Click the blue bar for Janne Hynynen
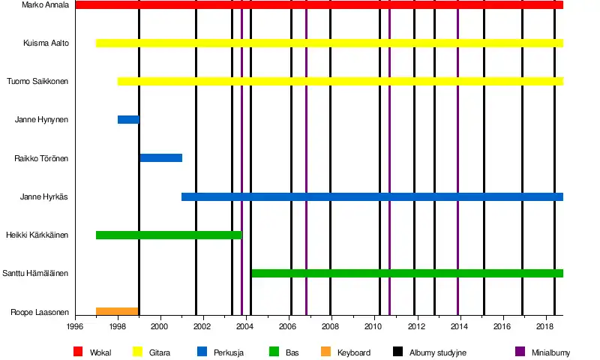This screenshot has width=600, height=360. click(128, 120)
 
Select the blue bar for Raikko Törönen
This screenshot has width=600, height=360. click(160, 158)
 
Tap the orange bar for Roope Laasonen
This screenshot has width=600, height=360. click(117, 311)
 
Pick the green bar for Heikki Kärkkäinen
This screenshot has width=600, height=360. click(169, 235)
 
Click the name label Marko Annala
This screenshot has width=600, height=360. click(46, 5)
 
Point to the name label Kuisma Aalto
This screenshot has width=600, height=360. click(46, 43)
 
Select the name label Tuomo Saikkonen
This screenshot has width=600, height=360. click(37, 82)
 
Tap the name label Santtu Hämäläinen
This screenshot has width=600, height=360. click(36, 274)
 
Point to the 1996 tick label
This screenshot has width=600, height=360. click(75, 327)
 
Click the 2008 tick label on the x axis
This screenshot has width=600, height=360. click(331, 327)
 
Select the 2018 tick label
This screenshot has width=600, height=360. click(545, 327)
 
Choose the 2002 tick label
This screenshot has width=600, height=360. click(203, 327)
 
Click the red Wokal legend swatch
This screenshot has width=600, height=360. click(78, 352)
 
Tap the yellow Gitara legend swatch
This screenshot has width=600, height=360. click(137, 352)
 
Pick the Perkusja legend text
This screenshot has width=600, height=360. click(229, 352)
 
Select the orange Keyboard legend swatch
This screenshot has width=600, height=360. click(325, 352)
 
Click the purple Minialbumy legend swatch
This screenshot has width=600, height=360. click(520, 352)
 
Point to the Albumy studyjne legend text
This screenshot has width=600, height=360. click(438, 352)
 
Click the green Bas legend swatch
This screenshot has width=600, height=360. click(274, 352)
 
